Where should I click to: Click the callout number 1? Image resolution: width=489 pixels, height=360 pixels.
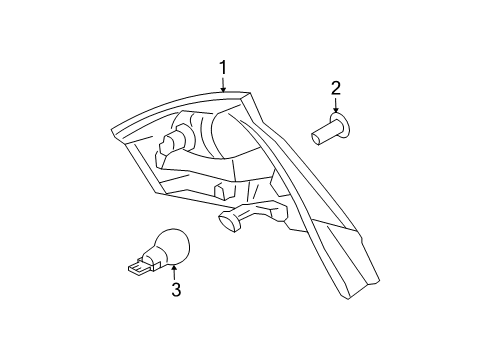click(x=224, y=67)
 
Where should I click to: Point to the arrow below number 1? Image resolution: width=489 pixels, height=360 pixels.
click(x=224, y=84)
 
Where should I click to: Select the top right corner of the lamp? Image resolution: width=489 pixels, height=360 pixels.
click(x=250, y=97)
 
